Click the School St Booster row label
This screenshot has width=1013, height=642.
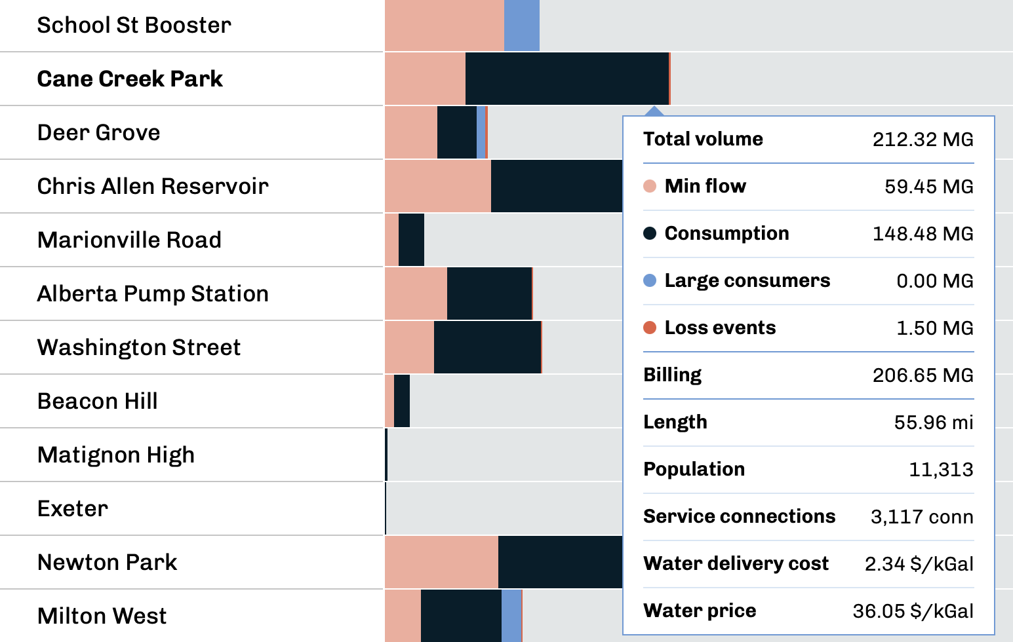(134, 26)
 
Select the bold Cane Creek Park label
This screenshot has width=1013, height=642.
(130, 79)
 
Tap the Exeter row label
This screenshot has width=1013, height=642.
(73, 509)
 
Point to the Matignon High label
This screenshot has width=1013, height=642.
(116, 455)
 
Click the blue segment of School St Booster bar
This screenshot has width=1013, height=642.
(521, 26)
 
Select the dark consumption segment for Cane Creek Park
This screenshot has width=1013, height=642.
(566, 79)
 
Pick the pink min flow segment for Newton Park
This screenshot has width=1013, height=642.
(441, 562)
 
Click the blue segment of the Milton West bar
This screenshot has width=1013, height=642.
(511, 616)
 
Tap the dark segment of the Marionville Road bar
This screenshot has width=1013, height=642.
(411, 240)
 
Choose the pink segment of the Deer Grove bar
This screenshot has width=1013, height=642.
(410, 132)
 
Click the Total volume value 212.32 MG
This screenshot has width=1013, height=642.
(923, 140)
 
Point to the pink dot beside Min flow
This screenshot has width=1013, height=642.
(650, 186)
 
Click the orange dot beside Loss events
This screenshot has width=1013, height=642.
(650, 328)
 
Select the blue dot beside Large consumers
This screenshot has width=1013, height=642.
(650, 280)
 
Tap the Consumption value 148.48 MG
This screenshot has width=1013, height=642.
(923, 234)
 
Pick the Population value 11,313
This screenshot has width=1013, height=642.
(941, 470)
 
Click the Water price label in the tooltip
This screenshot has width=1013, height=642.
(700, 611)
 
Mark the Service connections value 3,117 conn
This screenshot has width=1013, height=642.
(921, 517)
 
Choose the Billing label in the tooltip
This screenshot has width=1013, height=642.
(672, 375)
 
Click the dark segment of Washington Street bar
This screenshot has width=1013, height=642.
(487, 347)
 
